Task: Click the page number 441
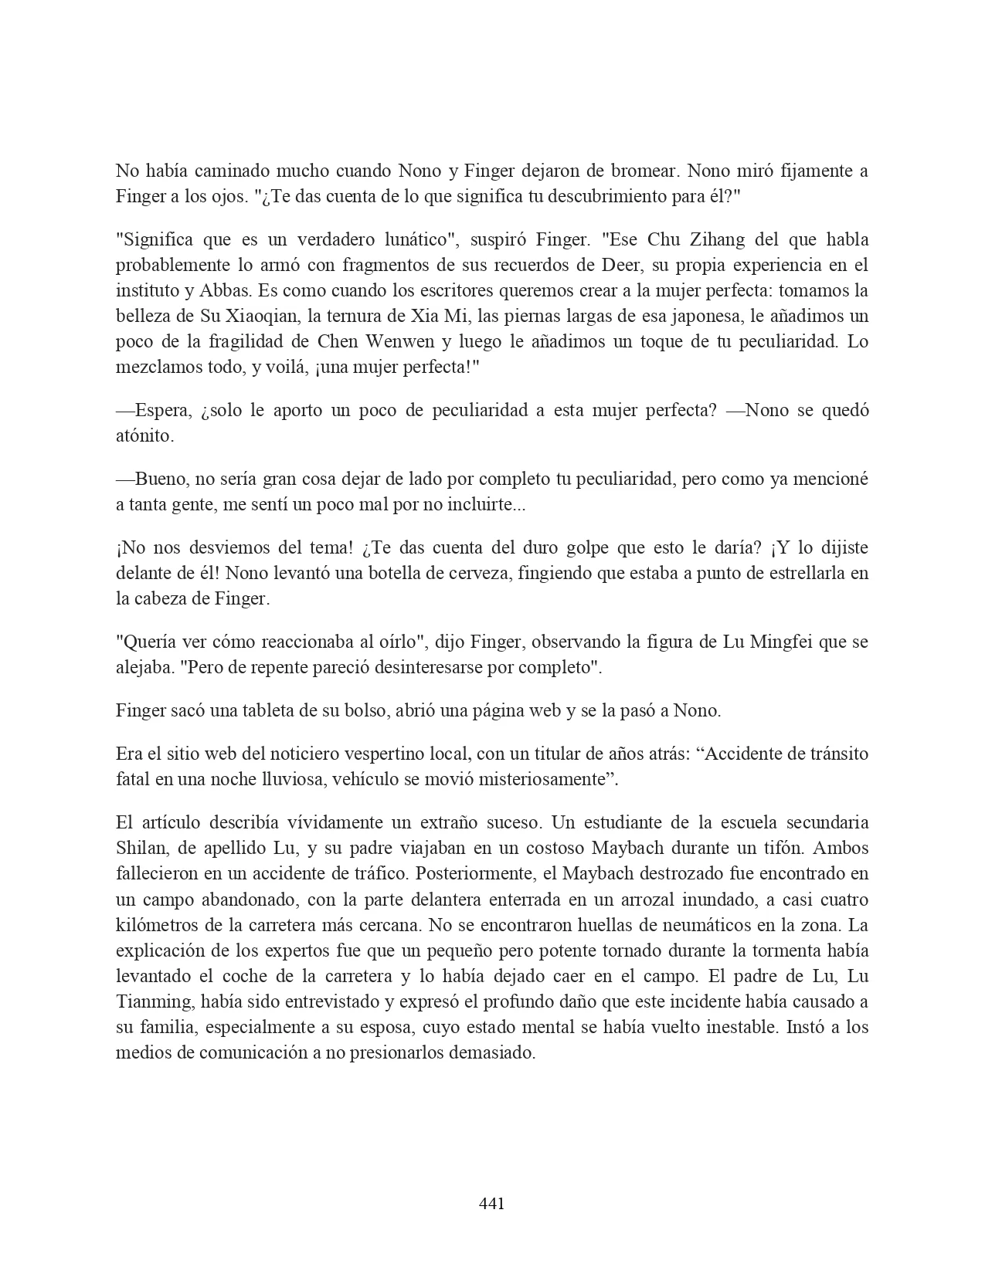click(x=492, y=1203)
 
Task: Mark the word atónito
click(x=144, y=435)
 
